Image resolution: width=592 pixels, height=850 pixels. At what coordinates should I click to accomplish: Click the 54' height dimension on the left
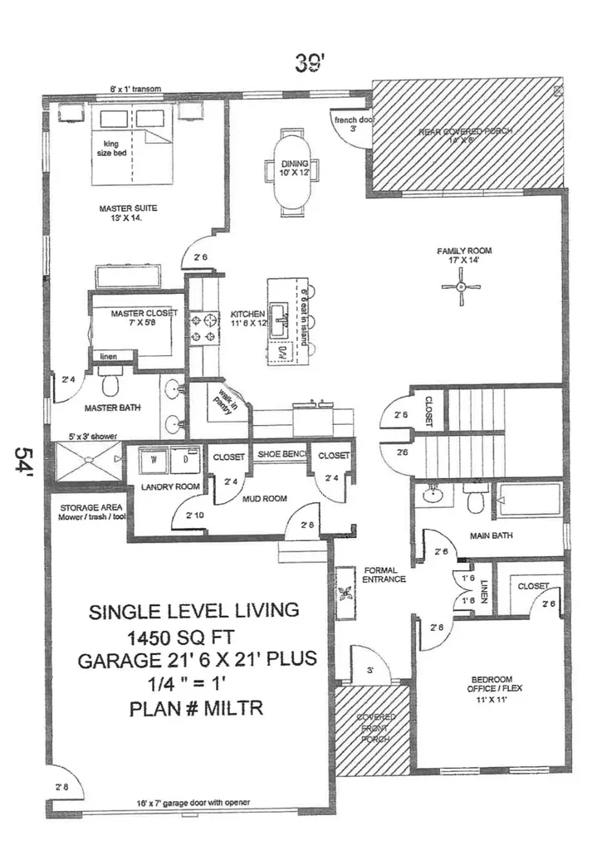point(27,462)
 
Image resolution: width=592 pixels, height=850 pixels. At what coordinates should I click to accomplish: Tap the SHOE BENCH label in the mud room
point(282,455)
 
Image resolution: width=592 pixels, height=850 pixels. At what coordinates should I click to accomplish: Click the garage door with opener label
point(193,803)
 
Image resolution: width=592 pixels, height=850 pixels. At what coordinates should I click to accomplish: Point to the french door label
point(354,120)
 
